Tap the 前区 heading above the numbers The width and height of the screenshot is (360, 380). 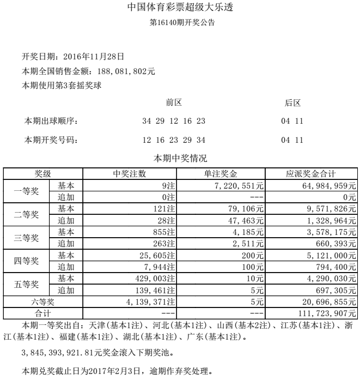pyautogui.click(x=174, y=103)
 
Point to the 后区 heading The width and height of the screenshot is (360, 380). pyautogui.click(x=292, y=103)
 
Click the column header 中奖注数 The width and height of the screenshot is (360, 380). pyautogui.click(x=129, y=174)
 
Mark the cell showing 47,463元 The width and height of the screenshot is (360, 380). pyautogui.click(x=246, y=220)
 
